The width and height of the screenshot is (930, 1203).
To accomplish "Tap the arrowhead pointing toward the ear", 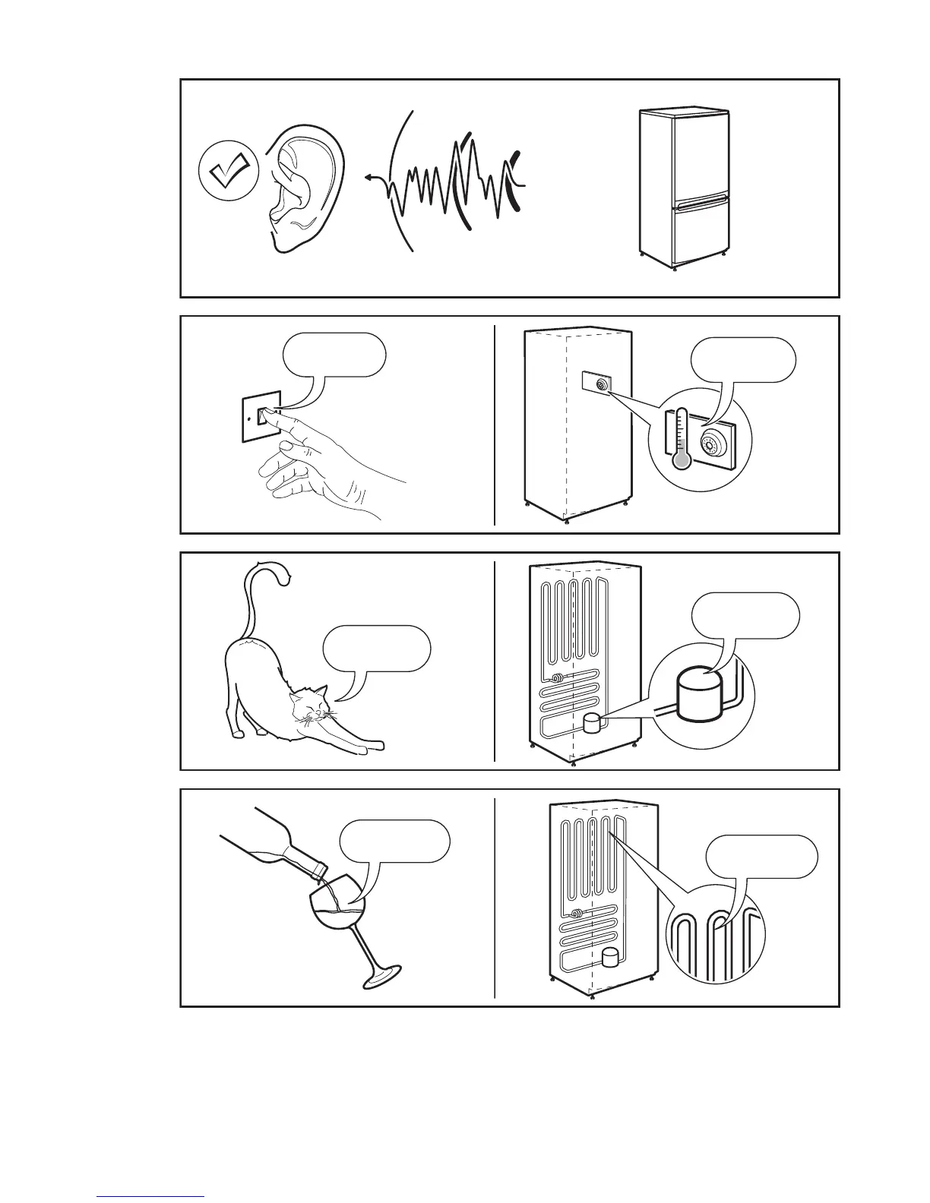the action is [367, 178].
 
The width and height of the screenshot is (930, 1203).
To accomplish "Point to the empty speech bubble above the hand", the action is [334, 355].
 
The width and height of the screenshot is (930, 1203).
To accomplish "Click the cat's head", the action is [310, 706].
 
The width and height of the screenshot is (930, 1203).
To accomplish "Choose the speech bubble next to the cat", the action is [377, 648].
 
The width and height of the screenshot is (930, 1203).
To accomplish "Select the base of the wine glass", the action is [381, 976].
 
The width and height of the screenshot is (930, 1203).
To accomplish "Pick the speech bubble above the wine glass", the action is [395, 841].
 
